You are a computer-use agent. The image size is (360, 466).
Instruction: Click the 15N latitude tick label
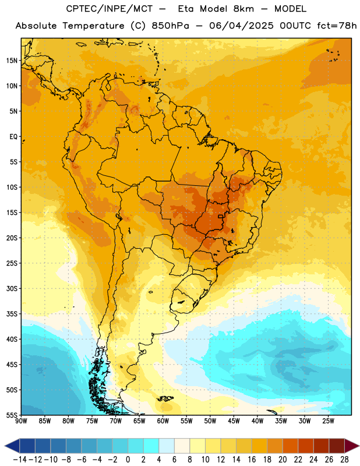[x=12, y=61]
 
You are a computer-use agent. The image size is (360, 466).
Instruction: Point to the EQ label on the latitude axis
[x=13, y=137]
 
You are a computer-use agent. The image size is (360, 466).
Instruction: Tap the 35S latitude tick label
[x=12, y=314]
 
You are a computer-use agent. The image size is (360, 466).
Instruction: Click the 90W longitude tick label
[x=21, y=421]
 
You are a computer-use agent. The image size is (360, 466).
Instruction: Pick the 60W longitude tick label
[x=163, y=421]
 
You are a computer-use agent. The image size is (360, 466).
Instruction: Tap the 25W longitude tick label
[x=328, y=421]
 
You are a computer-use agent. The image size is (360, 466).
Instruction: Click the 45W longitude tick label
[x=234, y=421]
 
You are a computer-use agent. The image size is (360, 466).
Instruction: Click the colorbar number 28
[x=344, y=460]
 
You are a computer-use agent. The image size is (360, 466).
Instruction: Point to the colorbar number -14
[x=20, y=460]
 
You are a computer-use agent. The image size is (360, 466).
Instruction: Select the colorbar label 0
[x=128, y=460]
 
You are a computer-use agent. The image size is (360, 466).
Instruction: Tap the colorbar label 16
[x=252, y=460]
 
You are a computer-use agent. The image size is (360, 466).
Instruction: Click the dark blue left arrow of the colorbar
[x=12, y=446]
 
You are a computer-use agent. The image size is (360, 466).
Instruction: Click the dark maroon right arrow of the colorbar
[x=352, y=446]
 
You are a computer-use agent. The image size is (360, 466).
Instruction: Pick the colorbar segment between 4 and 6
[x=167, y=446]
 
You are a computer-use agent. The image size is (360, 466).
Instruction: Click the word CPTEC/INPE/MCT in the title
[x=110, y=9]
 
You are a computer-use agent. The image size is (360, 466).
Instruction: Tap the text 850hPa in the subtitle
[x=170, y=26]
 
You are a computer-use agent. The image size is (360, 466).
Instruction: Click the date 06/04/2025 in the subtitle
[x=241, y=26]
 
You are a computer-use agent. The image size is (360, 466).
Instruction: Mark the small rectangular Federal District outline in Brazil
[x=221, y=216]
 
